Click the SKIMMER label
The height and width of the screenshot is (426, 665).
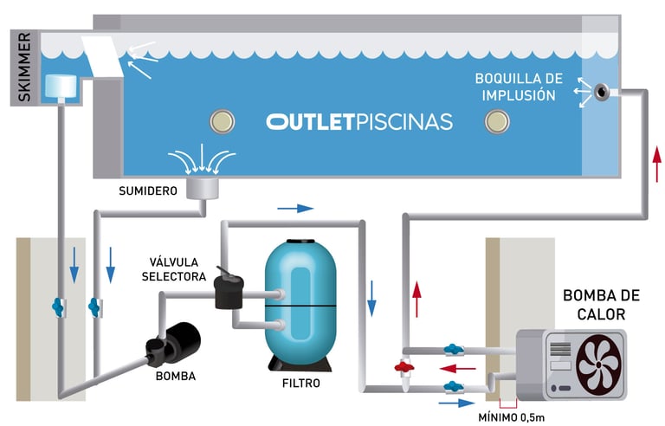pyautogui.click(x=23, y=68)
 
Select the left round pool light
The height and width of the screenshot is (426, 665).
pyautogui.click(x=223, y=120)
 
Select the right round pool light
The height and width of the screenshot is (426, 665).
pyautogui.click(x=497, y=120)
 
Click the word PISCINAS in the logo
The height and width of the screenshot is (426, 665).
pyautogui.click(x=404, y=121)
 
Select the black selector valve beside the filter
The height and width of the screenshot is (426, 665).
pyautogui.click(x=230, y=290)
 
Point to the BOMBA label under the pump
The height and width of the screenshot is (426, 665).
pyautogui.click(x=176, y=376)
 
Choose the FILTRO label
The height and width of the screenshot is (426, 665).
pyautogui.click(x=300, y=382)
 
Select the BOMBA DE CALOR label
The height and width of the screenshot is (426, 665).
pyautogui.click(x=594, y=304)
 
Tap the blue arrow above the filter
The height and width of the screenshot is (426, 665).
pyautogui.click(x=297, y=209)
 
